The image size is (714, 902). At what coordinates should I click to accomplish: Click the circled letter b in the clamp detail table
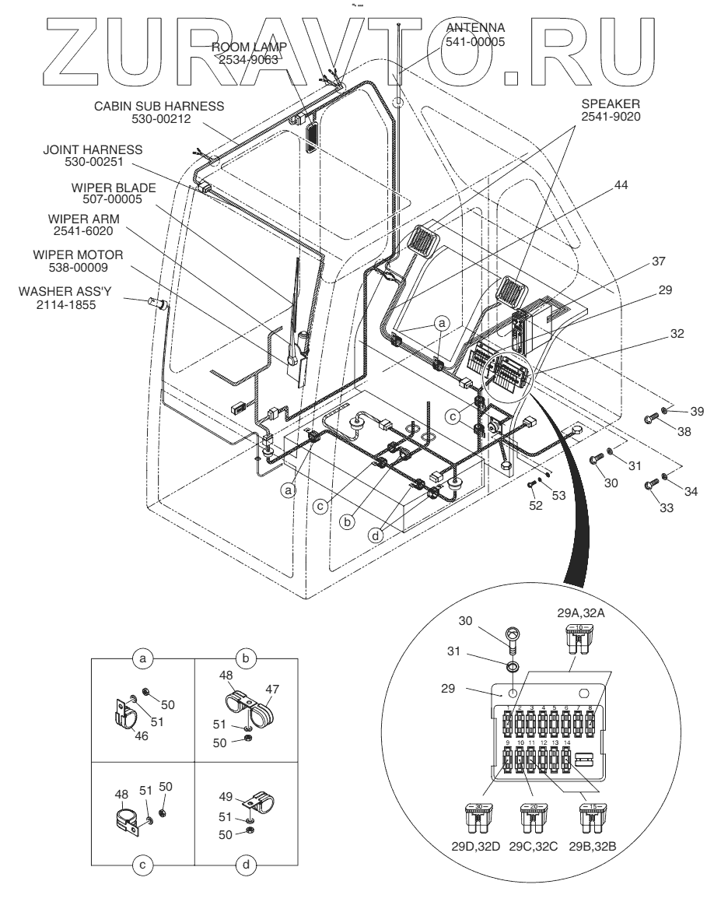[246, 658]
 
